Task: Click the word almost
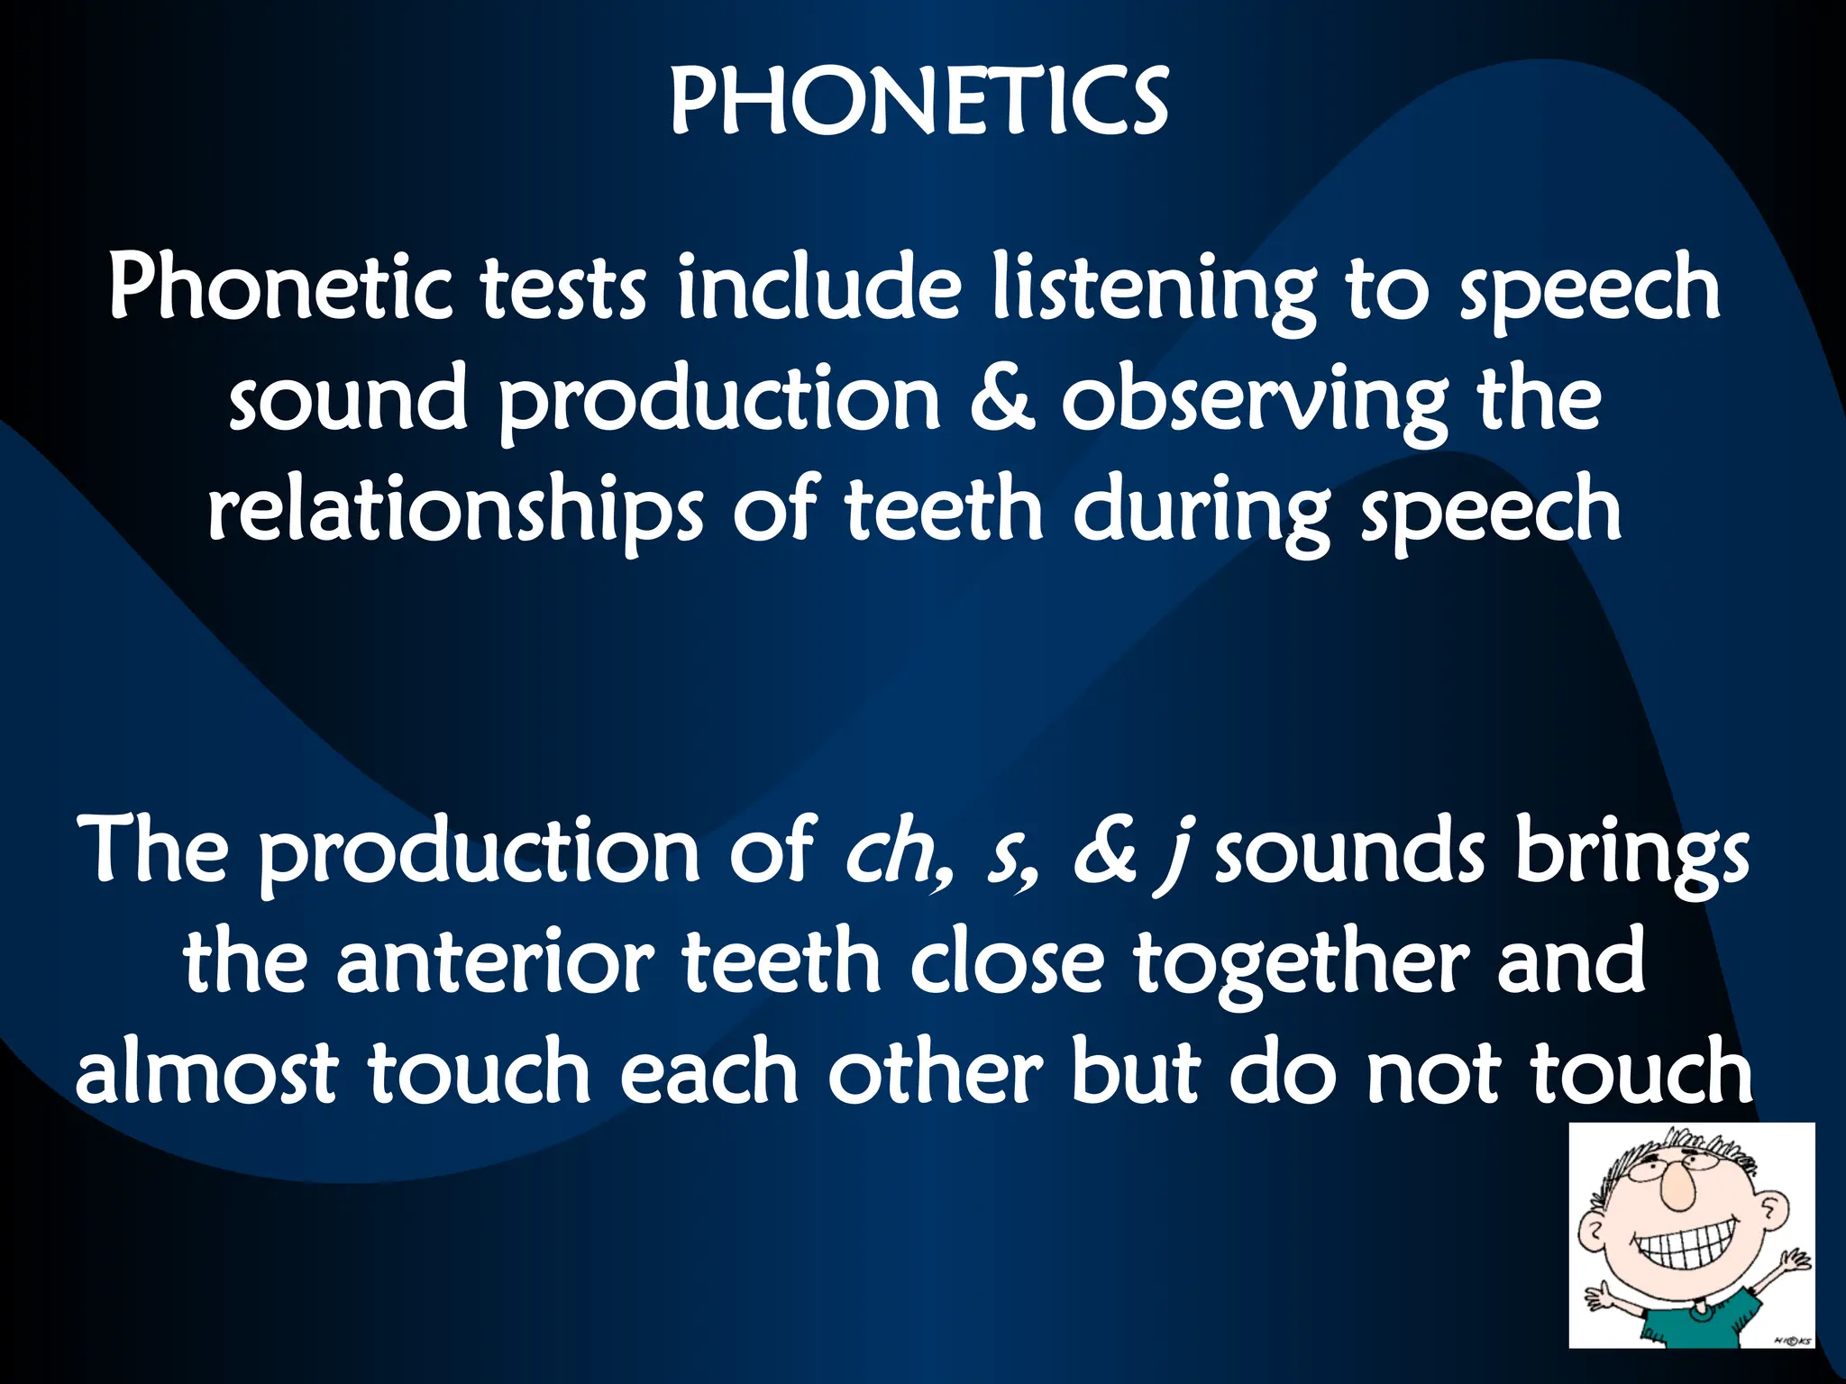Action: tap(206, 1072)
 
